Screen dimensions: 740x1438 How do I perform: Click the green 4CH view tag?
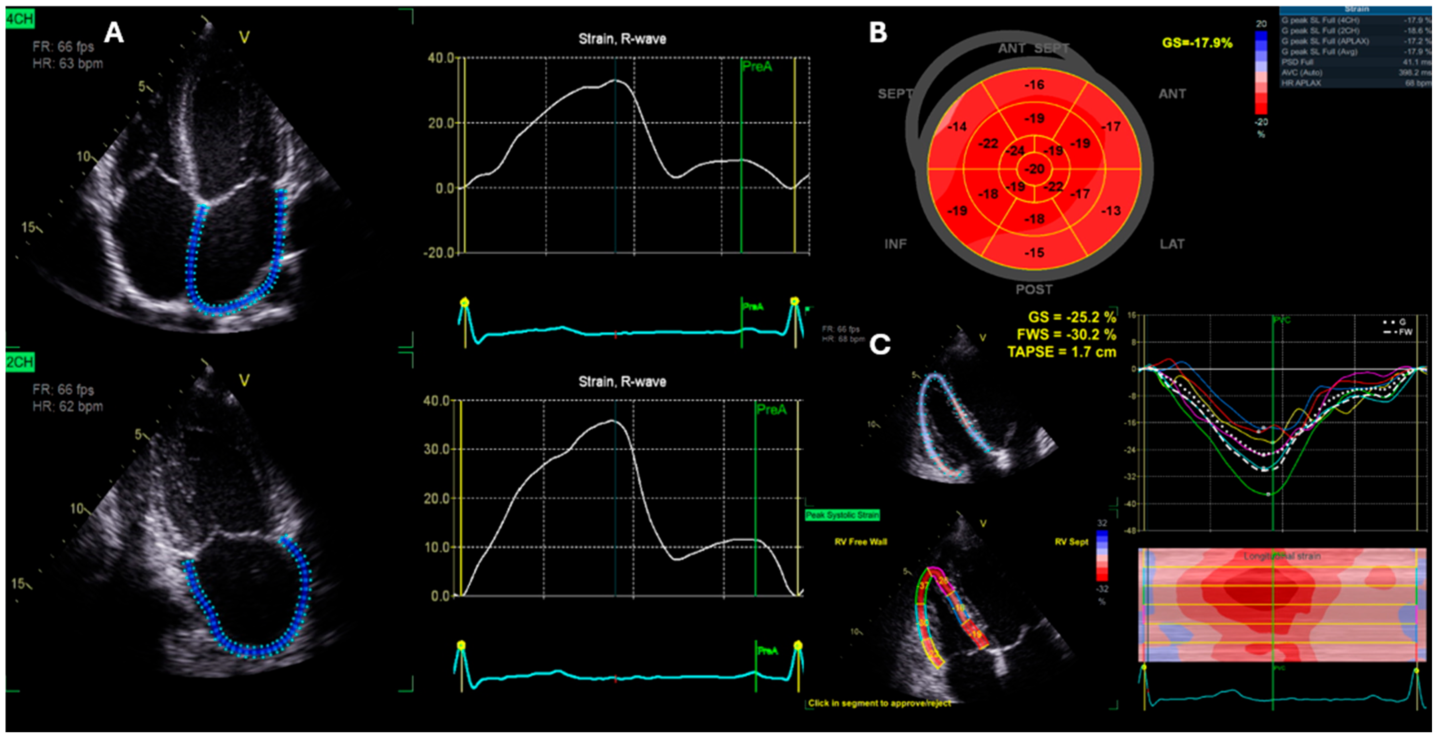tap(20, 20)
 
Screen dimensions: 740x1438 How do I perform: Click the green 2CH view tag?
tap(20, 362)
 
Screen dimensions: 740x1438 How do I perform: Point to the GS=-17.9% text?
tap(1197, 43)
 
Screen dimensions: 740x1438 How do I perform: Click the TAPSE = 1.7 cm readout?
tap(1062, 352)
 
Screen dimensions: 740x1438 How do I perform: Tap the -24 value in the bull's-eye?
tap(1015, 151)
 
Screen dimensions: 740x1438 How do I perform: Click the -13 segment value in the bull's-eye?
tap(1110, 211)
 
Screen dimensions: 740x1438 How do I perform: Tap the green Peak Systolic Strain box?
tap(842, 515)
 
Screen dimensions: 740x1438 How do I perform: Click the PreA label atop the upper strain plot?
tap(757, 66)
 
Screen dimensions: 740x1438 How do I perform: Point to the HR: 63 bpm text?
tap(68, 64)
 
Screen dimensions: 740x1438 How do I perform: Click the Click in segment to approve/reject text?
tap(879, 703)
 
